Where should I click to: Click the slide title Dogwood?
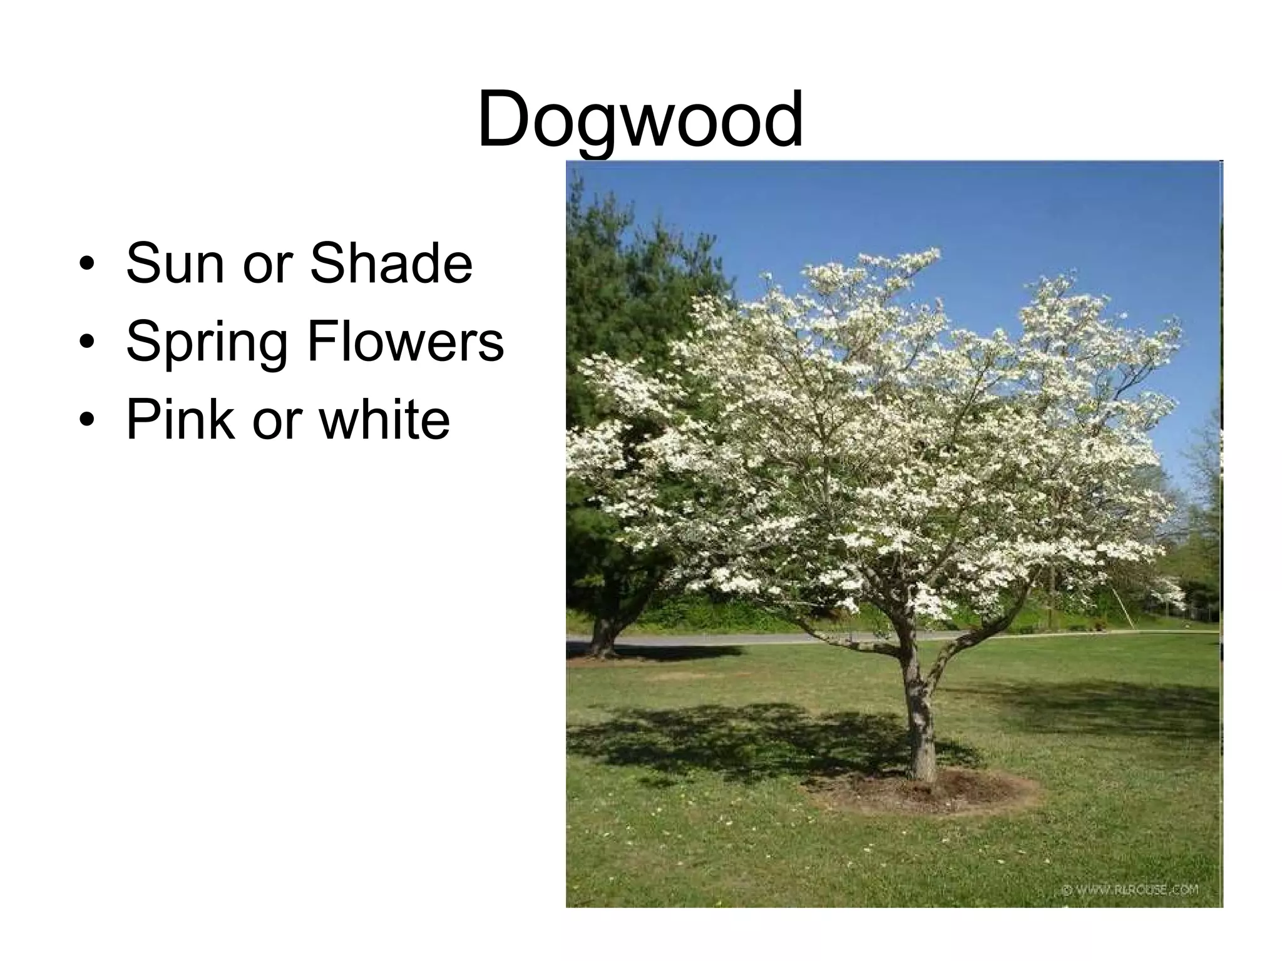(640, 119)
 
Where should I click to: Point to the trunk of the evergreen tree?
(602, 635)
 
